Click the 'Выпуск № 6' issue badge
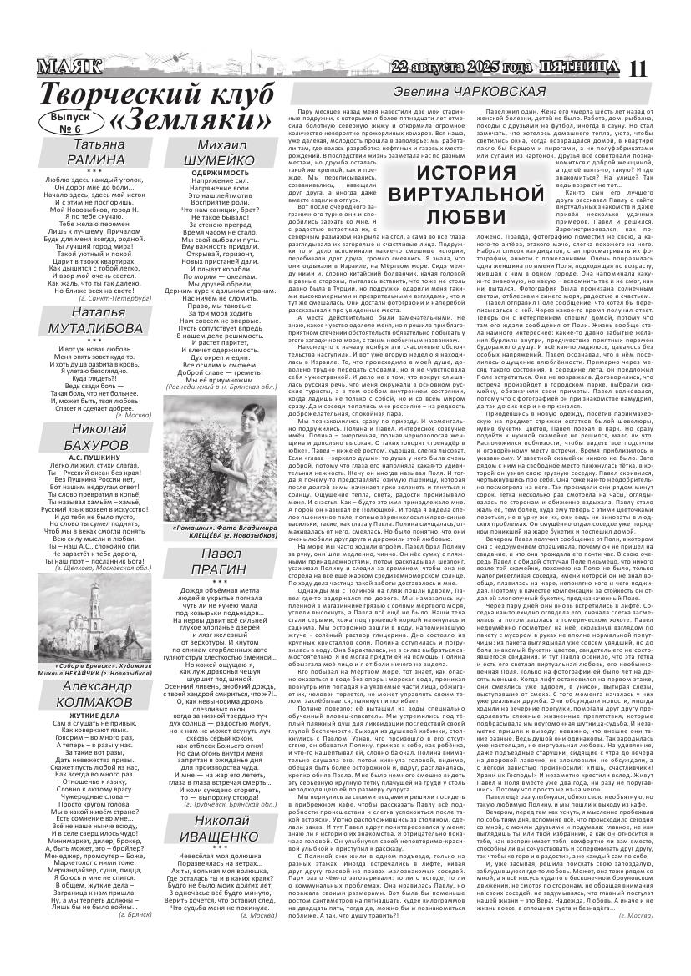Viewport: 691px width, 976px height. (72, 123)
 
